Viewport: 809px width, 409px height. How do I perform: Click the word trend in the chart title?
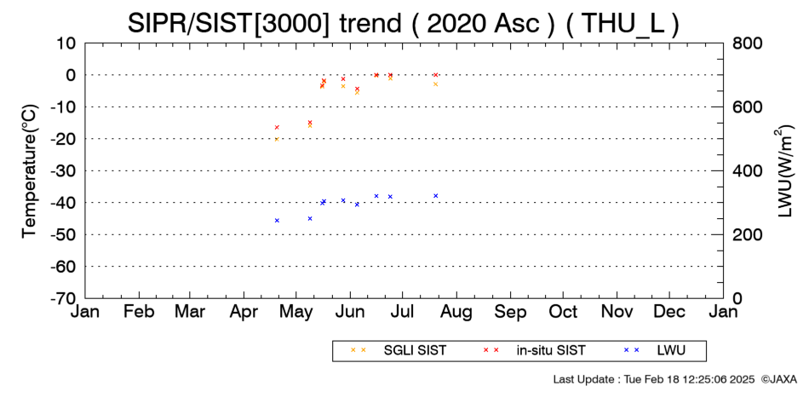(370, 24)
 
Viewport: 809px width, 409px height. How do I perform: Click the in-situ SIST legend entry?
(534, 351)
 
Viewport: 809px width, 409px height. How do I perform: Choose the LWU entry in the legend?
(654, 351)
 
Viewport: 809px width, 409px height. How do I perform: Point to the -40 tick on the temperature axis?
(63, 203)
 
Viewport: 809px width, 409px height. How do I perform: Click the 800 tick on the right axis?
(747, 43)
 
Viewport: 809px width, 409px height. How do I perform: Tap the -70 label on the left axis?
(63, 298)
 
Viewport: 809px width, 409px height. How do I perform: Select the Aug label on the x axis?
(456, 312)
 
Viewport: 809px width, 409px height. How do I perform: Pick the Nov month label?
(617, 311)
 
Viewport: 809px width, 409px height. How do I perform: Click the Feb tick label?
(139, 311)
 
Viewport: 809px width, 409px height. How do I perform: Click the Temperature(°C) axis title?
(30, 171)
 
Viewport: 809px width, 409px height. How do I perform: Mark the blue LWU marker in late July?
(436, 196)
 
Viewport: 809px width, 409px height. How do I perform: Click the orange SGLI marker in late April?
(277, 140)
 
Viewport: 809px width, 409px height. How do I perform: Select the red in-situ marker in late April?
(277, 127)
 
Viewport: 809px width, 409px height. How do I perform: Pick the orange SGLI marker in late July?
(435, 84)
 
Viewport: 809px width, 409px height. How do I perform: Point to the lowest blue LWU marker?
(277, 221)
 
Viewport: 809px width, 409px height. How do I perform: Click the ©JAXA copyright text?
(779, 379)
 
